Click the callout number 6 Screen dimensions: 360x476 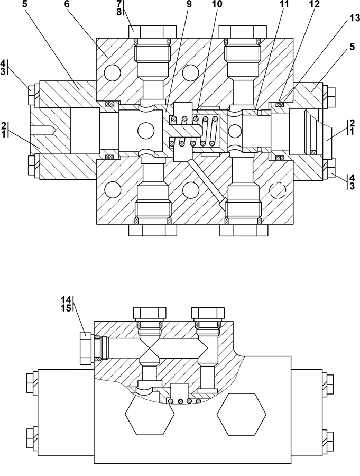point(67,4)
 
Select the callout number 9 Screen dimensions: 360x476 point(189,4)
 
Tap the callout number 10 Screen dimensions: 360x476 point(217,4)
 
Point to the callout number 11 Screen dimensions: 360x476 point(284,4)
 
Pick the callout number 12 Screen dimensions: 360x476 point(315,4)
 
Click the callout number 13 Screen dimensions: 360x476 point(354,18)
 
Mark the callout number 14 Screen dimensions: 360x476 point(66,300)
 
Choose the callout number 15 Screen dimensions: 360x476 point(66,308)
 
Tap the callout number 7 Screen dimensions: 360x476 point(119,4)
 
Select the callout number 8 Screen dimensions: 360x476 point(119,12)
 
